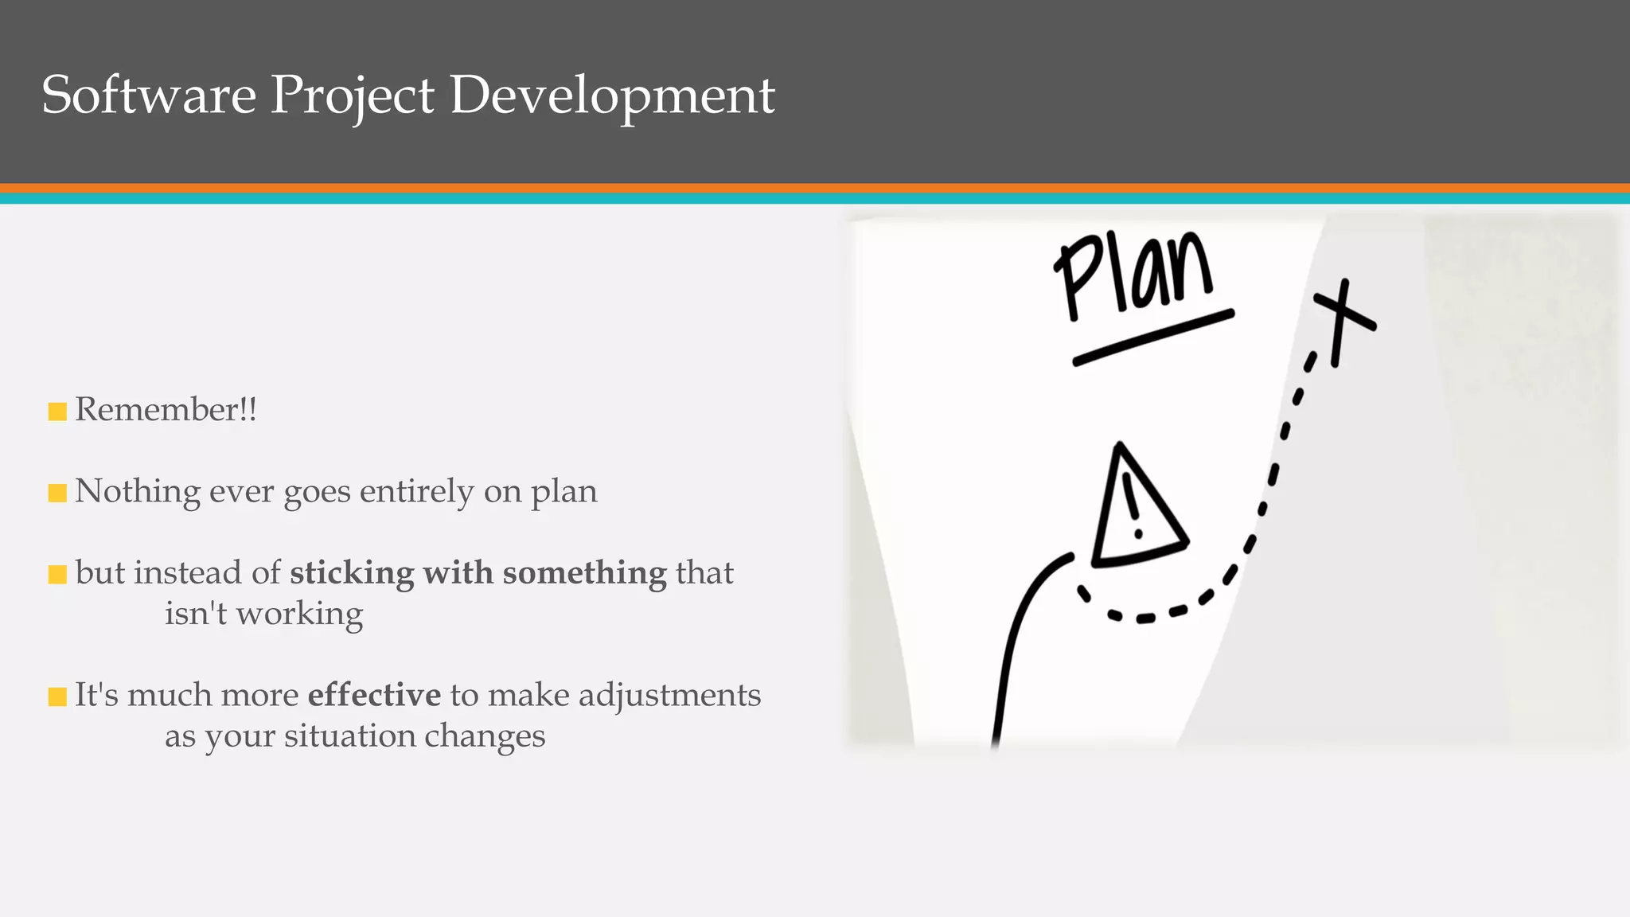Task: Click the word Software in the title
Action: coord(149,95)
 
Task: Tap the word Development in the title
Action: coord(612,96)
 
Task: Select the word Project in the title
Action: coord(352,96)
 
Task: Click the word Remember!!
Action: coord(166,409)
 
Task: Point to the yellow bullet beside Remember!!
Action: coord(57,412)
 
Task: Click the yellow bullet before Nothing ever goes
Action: coord(57,494)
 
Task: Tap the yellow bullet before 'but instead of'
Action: coord(57,575)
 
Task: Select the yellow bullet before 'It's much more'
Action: coord(57,697)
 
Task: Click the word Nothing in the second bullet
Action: coord(137,491)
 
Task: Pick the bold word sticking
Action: coord(352,573)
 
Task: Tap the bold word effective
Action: coord(374,695)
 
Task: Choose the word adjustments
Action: coord(669,696)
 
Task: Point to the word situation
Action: coord(349,736)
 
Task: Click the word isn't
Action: coord(196,613)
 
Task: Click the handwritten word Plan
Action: coord(1135,275)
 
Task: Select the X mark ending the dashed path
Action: coord(1343,318)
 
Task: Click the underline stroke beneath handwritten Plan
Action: coord(1153,338)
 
